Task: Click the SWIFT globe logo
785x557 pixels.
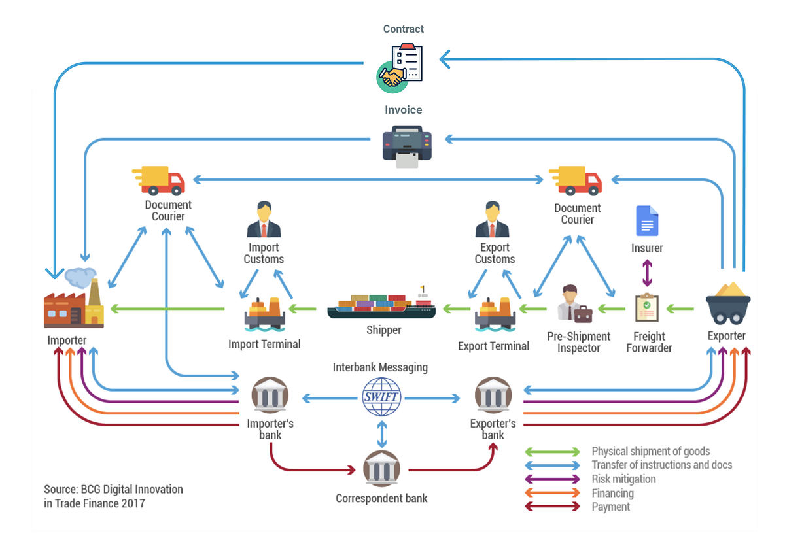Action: coord(382,397)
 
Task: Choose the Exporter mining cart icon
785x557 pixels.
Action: coord(727,303)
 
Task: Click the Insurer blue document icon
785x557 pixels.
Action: coord(647,221)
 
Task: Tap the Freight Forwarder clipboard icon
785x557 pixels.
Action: coord(646,307)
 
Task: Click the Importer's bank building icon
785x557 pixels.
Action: coord(270,396)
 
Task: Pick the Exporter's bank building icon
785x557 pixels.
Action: coord(493,396)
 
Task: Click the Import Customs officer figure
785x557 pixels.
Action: coord(264,220)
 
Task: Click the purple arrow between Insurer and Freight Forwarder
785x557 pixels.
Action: coord(647,273)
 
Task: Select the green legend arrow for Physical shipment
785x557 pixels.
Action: coord(553,452)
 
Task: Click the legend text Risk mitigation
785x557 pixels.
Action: coord(623,479)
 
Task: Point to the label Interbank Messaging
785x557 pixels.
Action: coord(380,367)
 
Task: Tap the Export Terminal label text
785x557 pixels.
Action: coord(493,346)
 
